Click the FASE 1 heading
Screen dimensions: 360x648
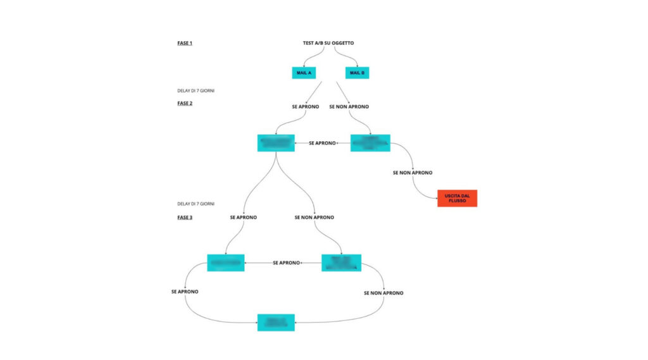click(185, 43)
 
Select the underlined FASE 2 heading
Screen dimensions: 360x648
click(185, 102)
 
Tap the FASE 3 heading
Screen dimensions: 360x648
click(185, 217)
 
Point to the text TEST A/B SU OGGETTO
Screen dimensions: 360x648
click(328, 43)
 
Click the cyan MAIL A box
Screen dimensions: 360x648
click(304, 73)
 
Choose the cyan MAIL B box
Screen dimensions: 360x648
click(358, 73)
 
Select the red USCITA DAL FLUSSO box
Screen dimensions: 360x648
click(457, 198)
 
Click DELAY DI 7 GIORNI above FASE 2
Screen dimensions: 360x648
click(196, 90)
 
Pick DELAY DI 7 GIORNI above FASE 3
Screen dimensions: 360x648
click(196, 204)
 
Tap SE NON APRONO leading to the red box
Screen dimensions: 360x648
click(413, 172)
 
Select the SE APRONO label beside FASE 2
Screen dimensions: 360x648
click(306, 107)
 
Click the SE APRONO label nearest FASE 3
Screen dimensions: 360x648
click(243, 217)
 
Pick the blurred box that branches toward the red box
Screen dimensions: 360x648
click(370, 143)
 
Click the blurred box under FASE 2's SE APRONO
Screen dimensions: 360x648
click(276, 143)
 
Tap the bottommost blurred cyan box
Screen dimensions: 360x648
click(276, 322)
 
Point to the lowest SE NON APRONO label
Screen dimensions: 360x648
click(383, 293)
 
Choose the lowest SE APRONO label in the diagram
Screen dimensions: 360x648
click(185, 292)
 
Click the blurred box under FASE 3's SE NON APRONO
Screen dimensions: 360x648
click(341, 263)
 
